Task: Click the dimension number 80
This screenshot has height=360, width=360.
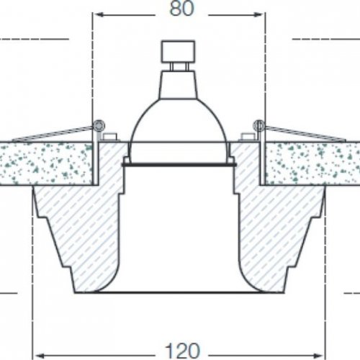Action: pyautogui.click(x=181, y=9)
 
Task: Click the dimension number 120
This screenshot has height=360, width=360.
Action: pyautogui.click(x=182, y=351)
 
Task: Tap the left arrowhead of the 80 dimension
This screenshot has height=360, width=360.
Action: pyautogui.click(x=99, y=15)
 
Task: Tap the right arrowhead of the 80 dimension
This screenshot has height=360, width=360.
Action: pyautogui.click(x=258, y=15)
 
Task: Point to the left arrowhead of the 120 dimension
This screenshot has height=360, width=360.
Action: pyautogui.click(x=40, y=355)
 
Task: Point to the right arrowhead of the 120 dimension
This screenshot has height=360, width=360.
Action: pyautogui.click(x=318, y=355)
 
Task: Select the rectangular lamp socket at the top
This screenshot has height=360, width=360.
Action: pyautogui.click(x=178, y=51)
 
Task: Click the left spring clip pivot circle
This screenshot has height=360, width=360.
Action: pyautogui.click(x=99, y=125)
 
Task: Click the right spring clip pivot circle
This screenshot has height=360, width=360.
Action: pyautogui.click(x=259, y=125)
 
